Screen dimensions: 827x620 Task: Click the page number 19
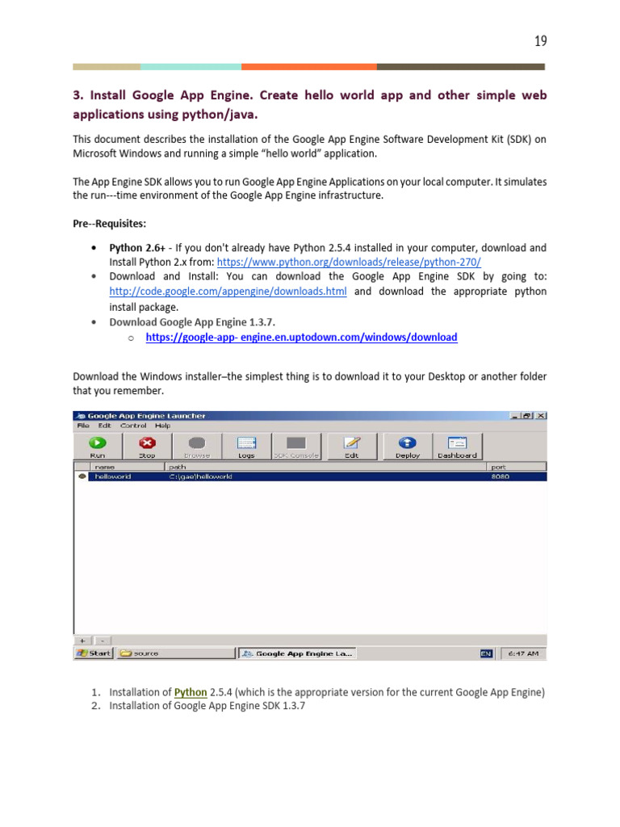[x=540, y=41]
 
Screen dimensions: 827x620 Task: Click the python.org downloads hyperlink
[x=349, y=262]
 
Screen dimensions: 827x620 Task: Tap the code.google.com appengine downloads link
[x=228, y=292]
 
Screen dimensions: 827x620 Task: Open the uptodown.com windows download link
[x=301, y=338]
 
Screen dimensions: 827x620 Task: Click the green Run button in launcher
[x=98, y=446]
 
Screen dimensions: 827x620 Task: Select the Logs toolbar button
[x=246, y=446]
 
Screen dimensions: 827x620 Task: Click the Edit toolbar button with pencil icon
[x=351, y=446]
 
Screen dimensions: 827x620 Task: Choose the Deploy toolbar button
[x=408, y=446]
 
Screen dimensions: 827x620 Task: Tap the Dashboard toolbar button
[x=457, y=446]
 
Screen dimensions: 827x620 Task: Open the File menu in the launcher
[x=82, y=426]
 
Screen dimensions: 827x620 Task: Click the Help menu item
[x=163, y=426]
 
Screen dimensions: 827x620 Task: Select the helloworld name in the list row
[x=112, y=476]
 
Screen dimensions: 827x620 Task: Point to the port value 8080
[x=501, y=476]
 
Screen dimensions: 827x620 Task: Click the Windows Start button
[x=94, y=653]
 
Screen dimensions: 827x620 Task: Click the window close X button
[x=541, y=416]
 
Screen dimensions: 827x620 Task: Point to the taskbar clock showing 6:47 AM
[x=523, y=653]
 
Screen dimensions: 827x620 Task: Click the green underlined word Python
[x=191, y=692]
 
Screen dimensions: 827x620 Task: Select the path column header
[x=178, y=467]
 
